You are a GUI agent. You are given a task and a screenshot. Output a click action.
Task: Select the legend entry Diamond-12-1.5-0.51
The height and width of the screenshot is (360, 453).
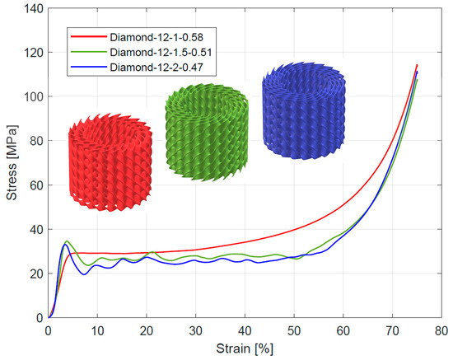pyautogui.click(x=159, y=52)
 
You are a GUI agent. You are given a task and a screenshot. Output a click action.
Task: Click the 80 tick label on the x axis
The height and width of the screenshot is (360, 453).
pyautogui.click(x=441, y=330)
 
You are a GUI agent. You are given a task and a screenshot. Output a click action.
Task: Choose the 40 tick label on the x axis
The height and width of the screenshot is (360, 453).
pyautogui.click(x=245, y=330)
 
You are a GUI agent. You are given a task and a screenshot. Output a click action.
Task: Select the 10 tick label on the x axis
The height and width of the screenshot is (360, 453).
pyautogui.click(x=97, y=330)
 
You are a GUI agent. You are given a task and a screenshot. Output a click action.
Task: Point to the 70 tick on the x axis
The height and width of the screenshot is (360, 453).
pyautogui.click(x=392, y=330)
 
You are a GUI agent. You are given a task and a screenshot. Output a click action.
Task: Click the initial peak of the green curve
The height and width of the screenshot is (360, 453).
pyautogui.click(x=67, y=241)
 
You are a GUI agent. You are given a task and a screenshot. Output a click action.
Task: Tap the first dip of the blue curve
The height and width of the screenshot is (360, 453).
pyautogui.click(x=85, y=274)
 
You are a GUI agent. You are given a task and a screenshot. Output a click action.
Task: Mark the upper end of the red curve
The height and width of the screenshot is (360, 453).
pyautogui.click(x=417, y=65)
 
